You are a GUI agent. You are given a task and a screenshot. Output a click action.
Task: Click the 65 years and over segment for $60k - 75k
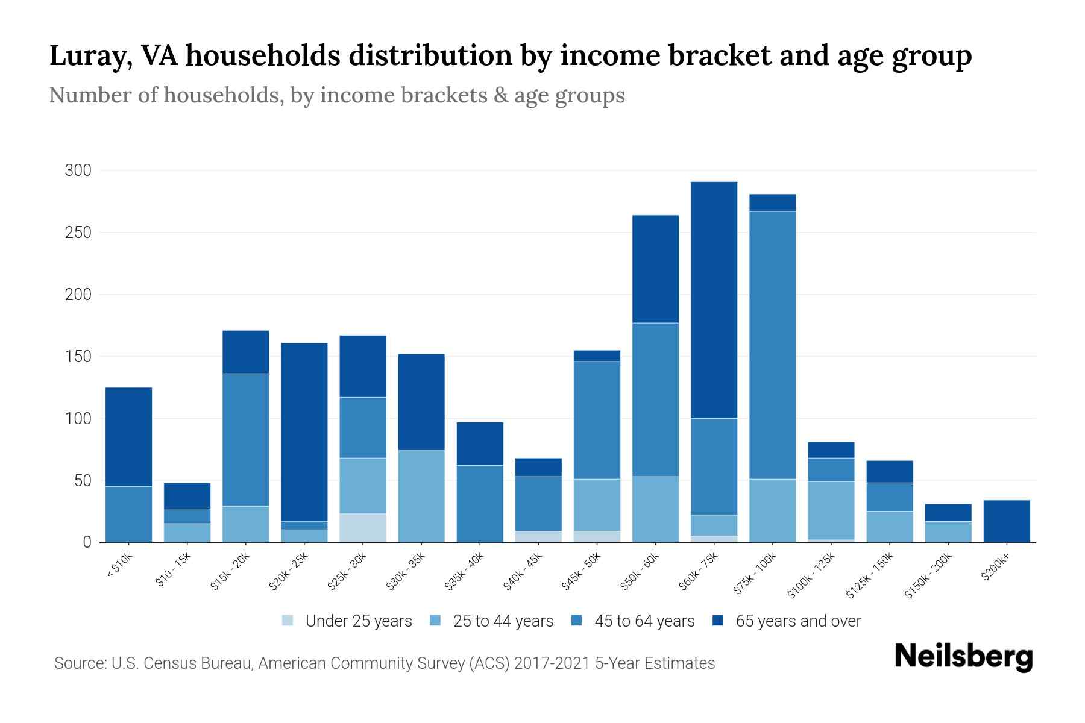[x=714, y=299]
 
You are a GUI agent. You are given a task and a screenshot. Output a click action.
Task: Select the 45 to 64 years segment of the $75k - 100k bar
[x=772, y=345]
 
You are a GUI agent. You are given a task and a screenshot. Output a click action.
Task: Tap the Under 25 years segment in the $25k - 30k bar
[x=363, y=527]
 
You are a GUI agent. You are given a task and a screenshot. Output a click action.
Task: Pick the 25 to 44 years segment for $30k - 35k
[x=421, y=496]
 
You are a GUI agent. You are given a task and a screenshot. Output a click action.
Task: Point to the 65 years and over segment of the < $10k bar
[x=128, y=436]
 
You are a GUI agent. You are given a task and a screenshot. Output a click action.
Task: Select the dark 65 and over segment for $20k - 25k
[x=304, y=431]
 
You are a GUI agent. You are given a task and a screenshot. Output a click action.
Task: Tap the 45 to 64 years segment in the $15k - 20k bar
[x=246, y=439]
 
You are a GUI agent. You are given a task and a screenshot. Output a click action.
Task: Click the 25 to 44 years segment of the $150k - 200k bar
[x=948, y=531]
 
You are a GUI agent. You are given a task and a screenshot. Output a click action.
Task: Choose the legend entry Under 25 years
[x=347, y=621]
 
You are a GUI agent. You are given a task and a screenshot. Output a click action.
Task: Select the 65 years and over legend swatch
[x=718, y=621]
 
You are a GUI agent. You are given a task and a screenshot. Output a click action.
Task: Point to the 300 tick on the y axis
[x=78, y=171]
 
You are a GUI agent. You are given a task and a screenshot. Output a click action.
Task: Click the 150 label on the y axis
[x=78, y=357]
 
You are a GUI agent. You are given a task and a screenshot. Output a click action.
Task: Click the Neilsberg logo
[x=963, y=657]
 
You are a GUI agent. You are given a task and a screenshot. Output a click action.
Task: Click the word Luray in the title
[x=87, y=56]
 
